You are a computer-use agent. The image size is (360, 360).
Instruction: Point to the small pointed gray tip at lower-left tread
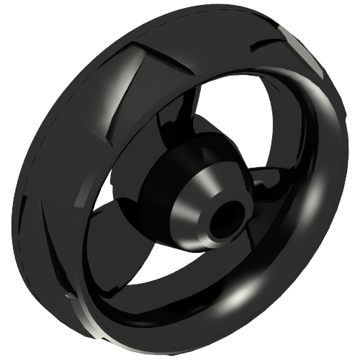[x=68, y=295]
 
